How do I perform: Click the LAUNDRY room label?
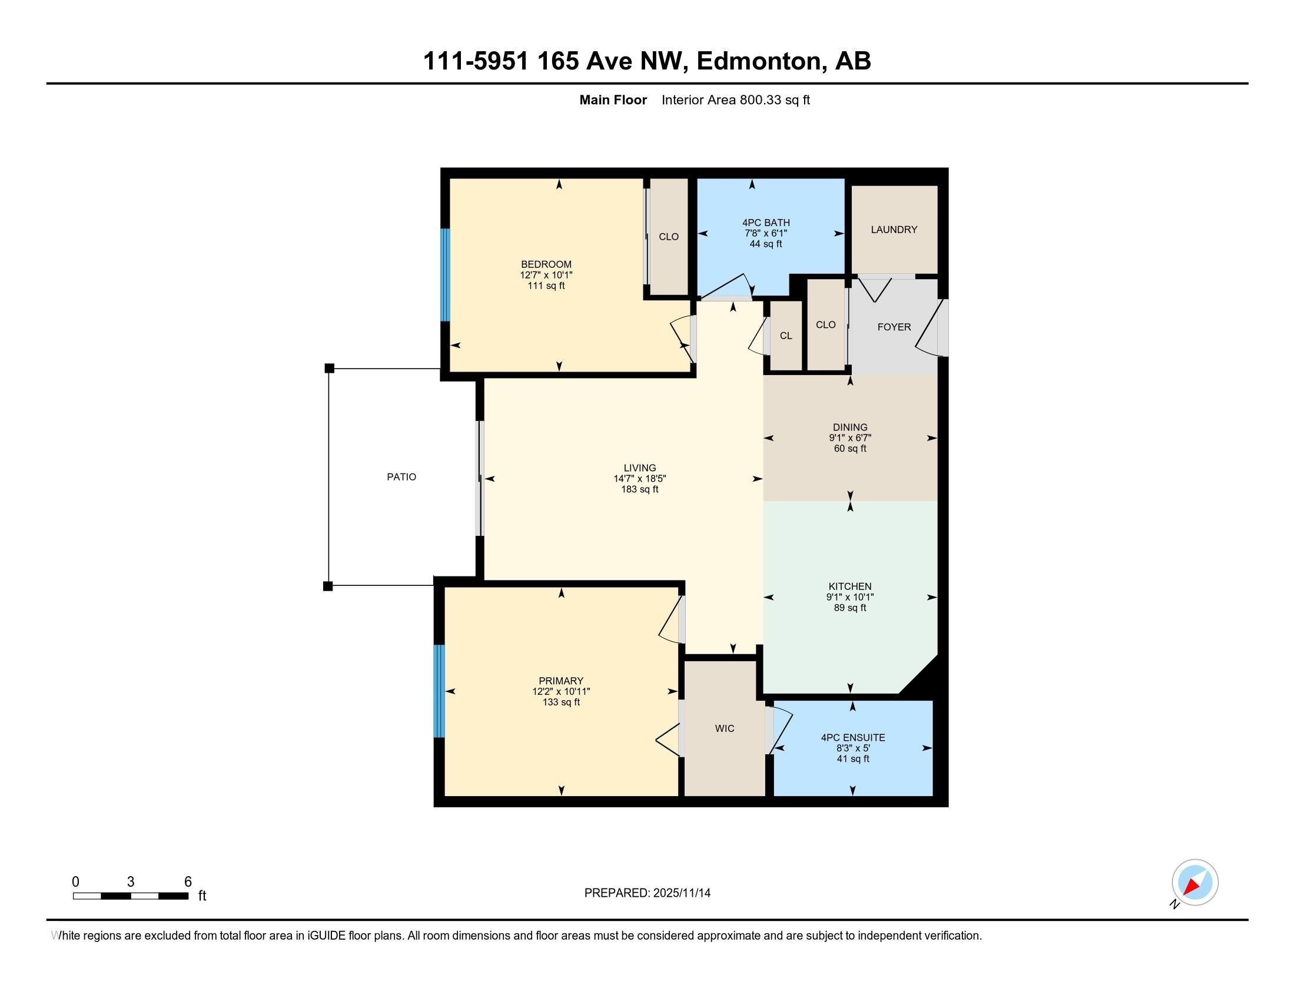pyautogui.click(x=894, y=230)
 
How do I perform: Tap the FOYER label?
pyautogui.click(x=894, y=327)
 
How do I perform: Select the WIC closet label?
pyautogui.click(x=725, y=728)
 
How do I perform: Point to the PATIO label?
pyautogui.click(x=401, y=477)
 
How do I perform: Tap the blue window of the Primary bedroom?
pyautogui.click(x=439, y=691)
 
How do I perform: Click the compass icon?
pyautogui.click(x=1195, y=882)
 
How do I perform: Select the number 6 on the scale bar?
pyautogui.click(x=188, y=882)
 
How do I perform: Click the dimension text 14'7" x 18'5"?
pyautogui.click(x=640, y=479)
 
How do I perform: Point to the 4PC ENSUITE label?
pyautogui.click(x=853, y=738)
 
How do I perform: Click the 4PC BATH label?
pyautogui.click(x=765, y=223)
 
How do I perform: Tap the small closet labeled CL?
pyautogui.click(x=786, y=336)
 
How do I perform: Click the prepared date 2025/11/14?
pyautogui.click(x=680, y=893)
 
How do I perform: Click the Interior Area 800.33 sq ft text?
pyautogui.click(x=735, y=100)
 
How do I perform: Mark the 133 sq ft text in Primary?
pyautogui.click(x=561, y=702)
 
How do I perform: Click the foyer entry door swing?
pyautogui.click(x=928, y=329)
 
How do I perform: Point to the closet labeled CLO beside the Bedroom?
pyautogui.click(x=669, y=237)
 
